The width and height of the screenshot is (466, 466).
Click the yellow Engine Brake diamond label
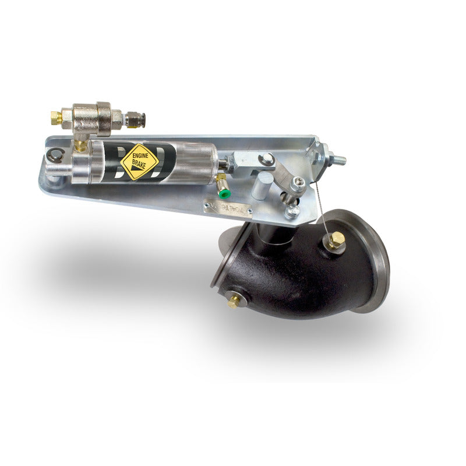140,161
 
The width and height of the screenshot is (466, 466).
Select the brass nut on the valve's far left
57,118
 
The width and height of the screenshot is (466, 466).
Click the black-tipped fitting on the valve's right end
140,120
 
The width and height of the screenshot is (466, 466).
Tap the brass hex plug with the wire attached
335,241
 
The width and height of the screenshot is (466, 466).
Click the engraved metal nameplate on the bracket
228,207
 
